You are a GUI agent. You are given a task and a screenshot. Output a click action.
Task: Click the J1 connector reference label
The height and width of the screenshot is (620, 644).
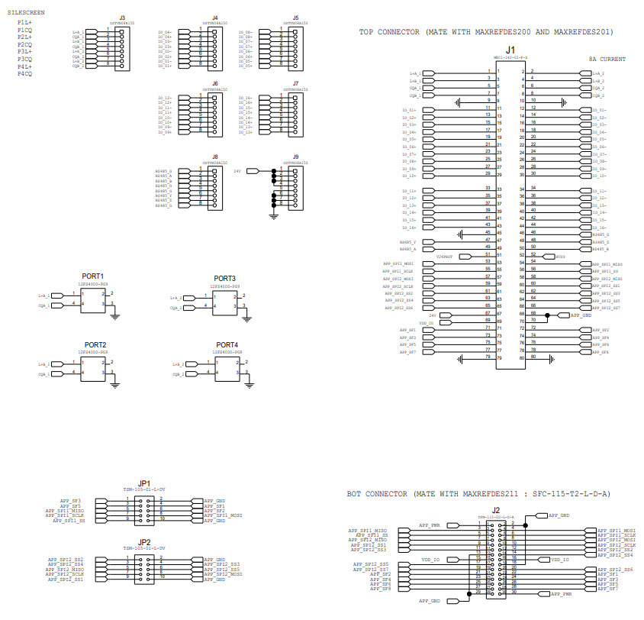[x=510, y=50]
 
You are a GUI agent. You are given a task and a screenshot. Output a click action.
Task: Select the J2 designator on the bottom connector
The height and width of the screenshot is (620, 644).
[x=496, y=510]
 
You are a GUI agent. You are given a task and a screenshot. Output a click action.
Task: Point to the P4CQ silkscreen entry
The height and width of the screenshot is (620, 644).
[x=24, y=73]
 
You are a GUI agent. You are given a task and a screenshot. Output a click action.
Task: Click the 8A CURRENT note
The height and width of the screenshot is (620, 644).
[x=607, y=59]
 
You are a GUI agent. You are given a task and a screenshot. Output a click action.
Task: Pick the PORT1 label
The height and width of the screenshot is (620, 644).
[x=92, y=276]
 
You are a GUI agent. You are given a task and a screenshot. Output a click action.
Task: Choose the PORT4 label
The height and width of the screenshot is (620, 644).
[x=227, y=345]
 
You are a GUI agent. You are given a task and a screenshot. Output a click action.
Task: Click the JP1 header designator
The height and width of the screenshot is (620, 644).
[x=143, y=483]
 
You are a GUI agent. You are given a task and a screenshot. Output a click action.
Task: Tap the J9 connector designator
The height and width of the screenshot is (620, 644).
[x=295, y=157]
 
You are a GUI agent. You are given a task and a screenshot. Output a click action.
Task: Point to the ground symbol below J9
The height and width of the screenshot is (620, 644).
[x=273, y=217]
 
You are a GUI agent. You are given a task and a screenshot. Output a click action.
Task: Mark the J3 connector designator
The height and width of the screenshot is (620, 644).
[x=122, y=17]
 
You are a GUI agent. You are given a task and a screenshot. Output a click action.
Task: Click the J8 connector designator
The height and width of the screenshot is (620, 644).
[x=214, y=157]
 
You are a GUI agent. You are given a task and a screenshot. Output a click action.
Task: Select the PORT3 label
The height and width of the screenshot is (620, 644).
[x=224, y=278]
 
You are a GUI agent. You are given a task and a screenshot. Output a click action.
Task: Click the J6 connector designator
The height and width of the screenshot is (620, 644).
[x=214, y=82]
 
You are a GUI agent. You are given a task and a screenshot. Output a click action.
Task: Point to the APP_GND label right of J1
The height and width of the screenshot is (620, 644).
[x=581, y=314]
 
